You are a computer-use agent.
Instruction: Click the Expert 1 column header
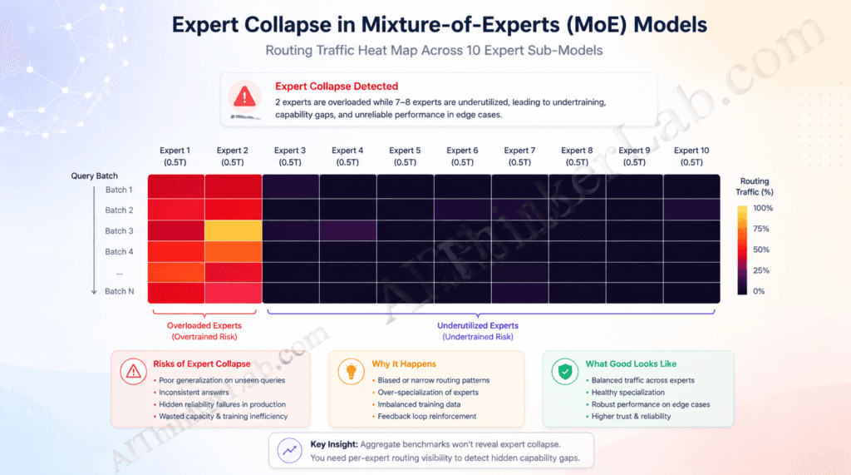pos(175,156)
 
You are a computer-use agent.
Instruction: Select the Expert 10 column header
pos(691,156)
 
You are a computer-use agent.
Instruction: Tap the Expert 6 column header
pos(462,156)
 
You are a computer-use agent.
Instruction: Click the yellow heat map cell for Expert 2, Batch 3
pos(234,230)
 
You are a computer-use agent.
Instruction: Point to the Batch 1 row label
pos(119,190)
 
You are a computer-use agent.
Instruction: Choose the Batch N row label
pos(119,291)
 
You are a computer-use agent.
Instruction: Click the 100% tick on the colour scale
pos(763,208)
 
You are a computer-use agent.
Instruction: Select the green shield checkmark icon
pos(565,371)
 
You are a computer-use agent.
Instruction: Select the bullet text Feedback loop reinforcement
pos(425,416)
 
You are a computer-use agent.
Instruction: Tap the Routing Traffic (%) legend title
pos(754,186)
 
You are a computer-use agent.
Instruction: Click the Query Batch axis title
pos(94,176)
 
